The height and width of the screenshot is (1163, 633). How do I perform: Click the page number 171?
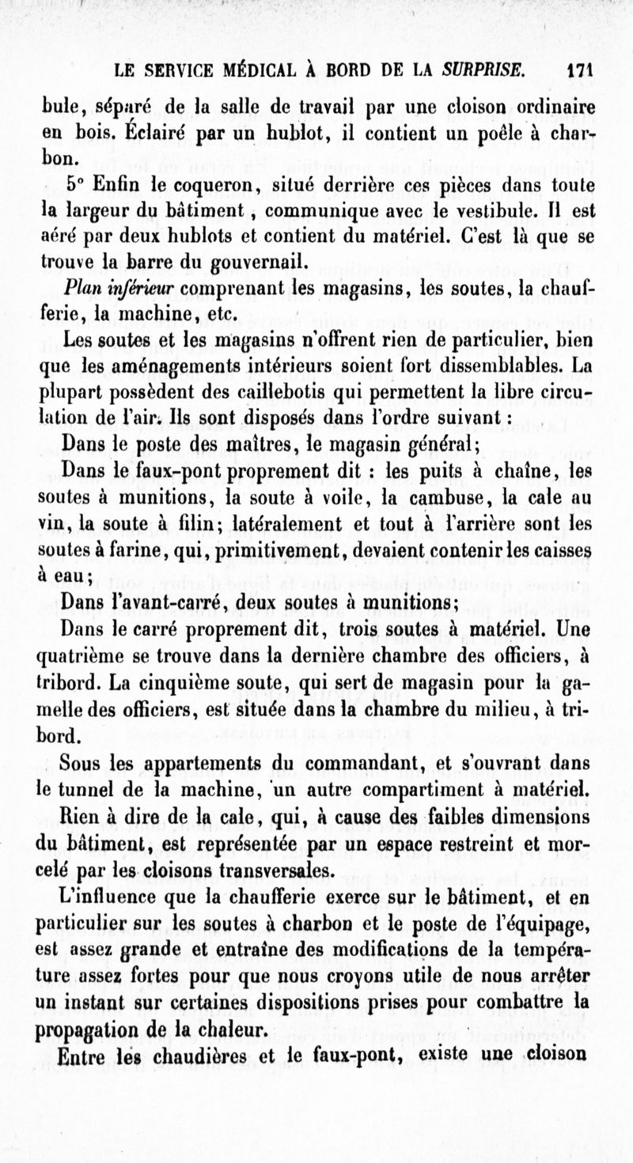click(x=581, y=70)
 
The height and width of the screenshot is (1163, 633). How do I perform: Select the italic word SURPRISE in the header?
click(x=485, y=70)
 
